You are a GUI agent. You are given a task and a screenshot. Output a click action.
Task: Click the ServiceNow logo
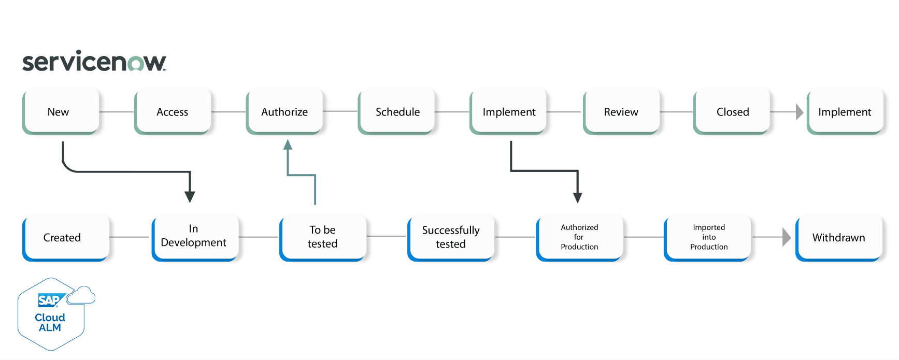94,62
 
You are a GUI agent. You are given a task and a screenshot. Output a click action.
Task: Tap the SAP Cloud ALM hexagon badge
51,315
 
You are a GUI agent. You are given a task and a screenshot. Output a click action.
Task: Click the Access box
173,111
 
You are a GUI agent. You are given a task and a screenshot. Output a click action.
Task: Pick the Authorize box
284,111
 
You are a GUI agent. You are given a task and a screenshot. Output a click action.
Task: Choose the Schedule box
397,111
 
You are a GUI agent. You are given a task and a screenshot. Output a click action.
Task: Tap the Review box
621,111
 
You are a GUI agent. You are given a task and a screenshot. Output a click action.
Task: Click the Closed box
732,111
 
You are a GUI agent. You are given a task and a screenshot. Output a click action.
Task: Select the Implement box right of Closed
845,111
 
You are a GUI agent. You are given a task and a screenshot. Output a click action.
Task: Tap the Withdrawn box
838,238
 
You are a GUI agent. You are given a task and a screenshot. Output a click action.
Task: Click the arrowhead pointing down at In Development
190,197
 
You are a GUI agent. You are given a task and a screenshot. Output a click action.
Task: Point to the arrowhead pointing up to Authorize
288,145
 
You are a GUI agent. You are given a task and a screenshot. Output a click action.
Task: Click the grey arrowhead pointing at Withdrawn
787,237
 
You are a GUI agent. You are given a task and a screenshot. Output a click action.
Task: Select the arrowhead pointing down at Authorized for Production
577,197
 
